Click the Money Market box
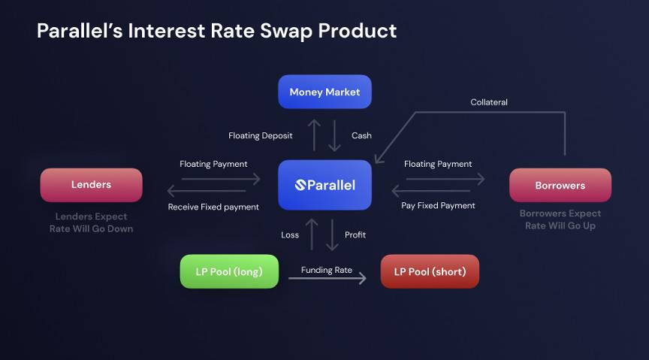pos(324,92)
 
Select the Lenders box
pos(91,185)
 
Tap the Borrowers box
pos(560,185)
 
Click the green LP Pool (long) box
pos(229,271)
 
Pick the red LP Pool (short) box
pos(430,271)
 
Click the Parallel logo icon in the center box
pos(300,185)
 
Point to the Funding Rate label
pos(327,270)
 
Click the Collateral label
pos(489,102)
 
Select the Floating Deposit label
pos(261,136)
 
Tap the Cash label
pos(361,136)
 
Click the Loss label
pos(290,235)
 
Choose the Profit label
pos(355,235)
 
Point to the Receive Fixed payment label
pos(213,207)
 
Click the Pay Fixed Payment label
pos(438,205)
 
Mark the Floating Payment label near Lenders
pos(213,164)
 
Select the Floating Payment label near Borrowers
pos(438,164)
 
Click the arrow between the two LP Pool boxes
pos(328,279)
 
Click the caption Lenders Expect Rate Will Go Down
pos(91,222)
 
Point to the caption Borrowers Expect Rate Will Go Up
pos(560,219)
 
